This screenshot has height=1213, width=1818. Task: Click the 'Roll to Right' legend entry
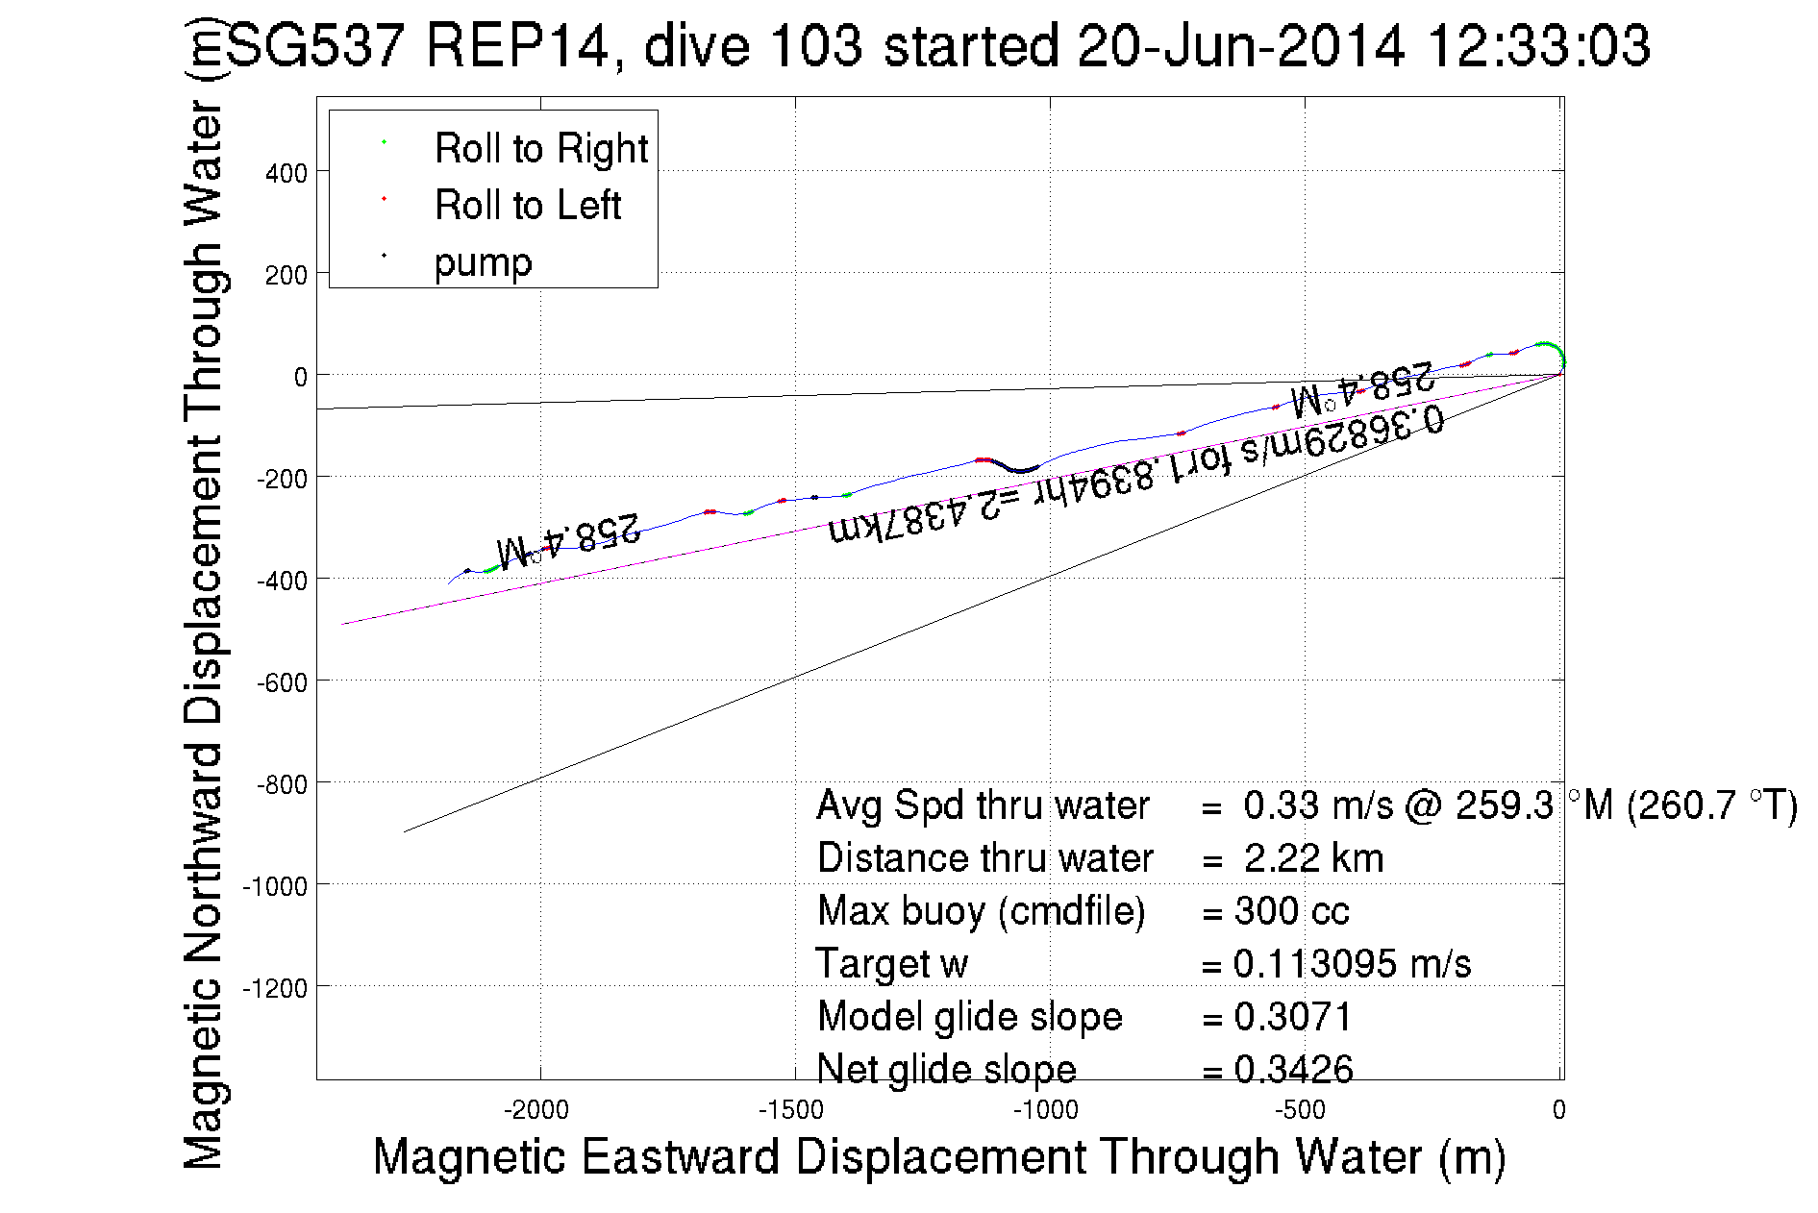tap(540, 149)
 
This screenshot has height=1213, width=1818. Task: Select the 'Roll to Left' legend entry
tap(527, 206)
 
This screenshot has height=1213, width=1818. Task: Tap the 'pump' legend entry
tap(483, 262)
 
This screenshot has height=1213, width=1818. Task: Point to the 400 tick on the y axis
tap(286, 174)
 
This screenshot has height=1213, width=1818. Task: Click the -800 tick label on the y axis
tap(281, 785)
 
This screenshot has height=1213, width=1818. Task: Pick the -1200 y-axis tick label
tap(275, 989)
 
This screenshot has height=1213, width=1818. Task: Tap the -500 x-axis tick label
tap(1300, 1111)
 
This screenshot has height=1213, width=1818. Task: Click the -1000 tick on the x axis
tap(1045, 1111)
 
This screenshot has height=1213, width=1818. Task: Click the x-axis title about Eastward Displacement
tap(938, 1156)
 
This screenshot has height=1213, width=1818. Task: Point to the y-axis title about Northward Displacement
tap(203, 596)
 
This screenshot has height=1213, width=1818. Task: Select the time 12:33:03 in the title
tap(1538, 46)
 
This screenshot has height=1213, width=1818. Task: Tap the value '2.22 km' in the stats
tap(1313, 858)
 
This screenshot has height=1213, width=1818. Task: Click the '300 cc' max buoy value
tap(1291, 911)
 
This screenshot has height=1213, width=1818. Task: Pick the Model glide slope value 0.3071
tap(1293, 1017)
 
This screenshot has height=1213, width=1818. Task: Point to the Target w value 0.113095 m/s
tap(1352, 964)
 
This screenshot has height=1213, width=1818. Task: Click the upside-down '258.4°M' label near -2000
tap(568, 539)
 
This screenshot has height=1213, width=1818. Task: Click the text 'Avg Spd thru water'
tap(983, 805)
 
